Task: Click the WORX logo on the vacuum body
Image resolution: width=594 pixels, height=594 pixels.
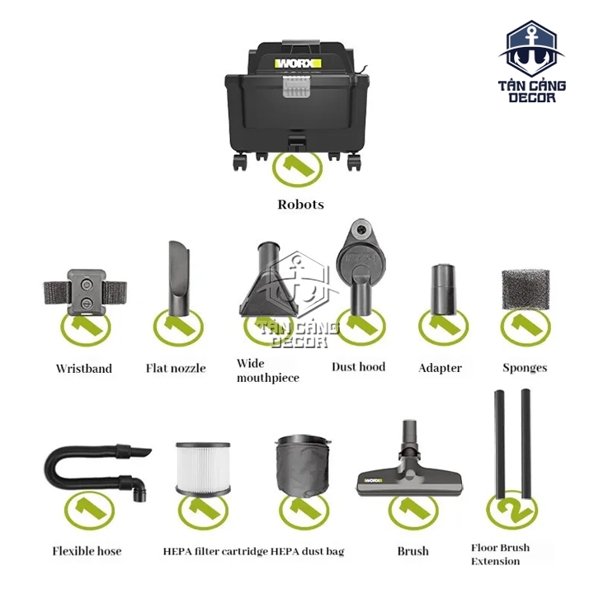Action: coord(298,64)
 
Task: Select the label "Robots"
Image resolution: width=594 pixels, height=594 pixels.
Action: coord(300,205)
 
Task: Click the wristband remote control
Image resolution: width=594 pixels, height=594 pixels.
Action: coord(86,292)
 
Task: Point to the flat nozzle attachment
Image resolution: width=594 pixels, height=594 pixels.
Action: coord(179,279)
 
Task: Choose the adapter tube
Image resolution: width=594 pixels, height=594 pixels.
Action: coord(443,290)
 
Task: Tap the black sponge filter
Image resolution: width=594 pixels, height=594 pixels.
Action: coord(526,290)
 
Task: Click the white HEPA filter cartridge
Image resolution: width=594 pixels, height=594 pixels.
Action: coord(203,469)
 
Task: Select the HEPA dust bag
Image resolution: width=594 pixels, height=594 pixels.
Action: coord(302,466)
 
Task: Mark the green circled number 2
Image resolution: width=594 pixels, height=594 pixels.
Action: coord(511,510)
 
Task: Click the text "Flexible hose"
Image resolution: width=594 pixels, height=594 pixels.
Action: coord(87,551)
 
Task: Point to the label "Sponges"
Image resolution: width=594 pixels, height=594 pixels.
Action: coord(525,368)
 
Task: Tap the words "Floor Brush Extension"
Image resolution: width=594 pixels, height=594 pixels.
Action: coord(500,554)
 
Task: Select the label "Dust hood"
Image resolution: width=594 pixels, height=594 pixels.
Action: coord(358,367)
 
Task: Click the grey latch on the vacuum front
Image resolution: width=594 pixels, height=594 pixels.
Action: coord(296,87)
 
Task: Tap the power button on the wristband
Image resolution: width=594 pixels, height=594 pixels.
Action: coord(87,284)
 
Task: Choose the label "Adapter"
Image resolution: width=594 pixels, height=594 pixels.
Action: coord(440,368)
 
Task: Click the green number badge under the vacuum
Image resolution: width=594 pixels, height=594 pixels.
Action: coord(297,168)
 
